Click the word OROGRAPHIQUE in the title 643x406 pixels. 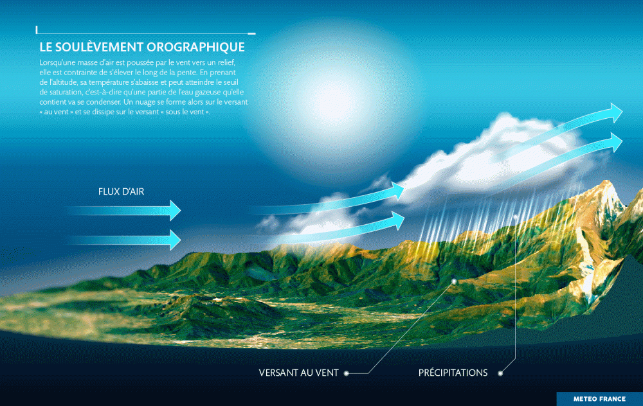click(195, 47)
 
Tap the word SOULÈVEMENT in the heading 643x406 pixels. click(98, 47)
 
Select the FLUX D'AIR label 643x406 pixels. click(121, 191)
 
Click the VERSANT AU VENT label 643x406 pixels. click(298, 373)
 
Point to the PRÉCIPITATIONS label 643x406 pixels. click(453, 373)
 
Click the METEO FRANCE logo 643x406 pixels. click(599, 399)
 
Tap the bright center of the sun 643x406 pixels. click(333, 96)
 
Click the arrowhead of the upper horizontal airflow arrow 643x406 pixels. click(175, 210)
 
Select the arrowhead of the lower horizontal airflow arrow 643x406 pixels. click(175, 240)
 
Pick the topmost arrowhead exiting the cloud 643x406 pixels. click(617, 112)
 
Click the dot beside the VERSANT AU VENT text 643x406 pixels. click(347, 373)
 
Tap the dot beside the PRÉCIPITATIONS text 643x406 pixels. click(500, 373)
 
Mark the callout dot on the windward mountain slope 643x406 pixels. click(455, 281)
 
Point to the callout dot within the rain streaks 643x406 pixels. click(516, 217)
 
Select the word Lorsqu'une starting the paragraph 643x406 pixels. click(57, 63)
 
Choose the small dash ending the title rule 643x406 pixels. click(252, 33)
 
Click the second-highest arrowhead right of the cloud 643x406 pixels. click(617, 143)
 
